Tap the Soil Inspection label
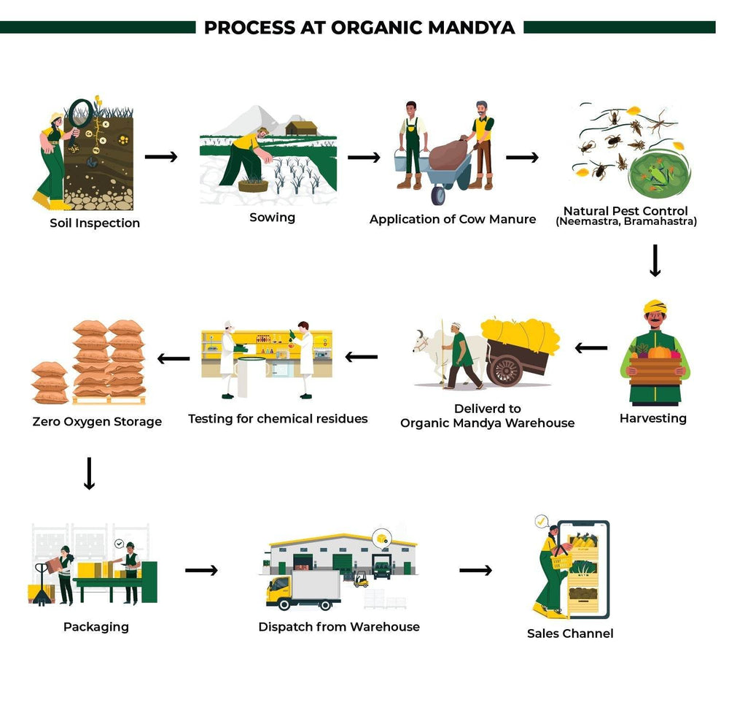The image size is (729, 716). pos(95,223)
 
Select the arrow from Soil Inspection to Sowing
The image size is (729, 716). pos(161,157)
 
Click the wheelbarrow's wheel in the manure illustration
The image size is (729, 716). pos(439,194)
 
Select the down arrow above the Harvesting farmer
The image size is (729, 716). pos(655,261)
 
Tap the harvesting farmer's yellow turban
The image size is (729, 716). pos(655,304)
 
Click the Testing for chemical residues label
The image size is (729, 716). pos(278,419)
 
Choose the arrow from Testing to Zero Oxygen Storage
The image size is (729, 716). pos(174,358)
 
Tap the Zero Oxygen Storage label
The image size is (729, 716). pos(97,421)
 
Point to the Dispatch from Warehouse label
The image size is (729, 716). pos(339,627)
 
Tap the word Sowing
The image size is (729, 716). pos(272,218)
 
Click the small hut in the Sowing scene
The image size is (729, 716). pos(301,128)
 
